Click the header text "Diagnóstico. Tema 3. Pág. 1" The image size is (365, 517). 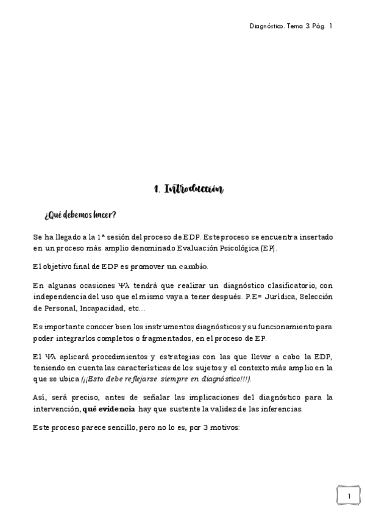[x=291, y=26]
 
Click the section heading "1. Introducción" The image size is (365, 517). [x=189, y=190]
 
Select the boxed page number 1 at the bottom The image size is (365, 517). [x=348, y=496]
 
